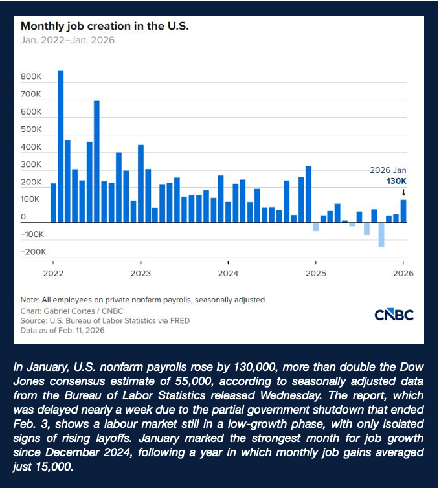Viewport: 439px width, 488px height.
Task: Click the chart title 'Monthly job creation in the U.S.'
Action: (104, 27)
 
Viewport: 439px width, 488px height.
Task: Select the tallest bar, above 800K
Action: (61, 146)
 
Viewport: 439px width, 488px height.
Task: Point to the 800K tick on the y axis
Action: (31, 77)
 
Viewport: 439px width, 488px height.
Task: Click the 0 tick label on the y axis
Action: (23, 217)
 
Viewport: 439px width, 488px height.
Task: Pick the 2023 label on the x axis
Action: (141, 273)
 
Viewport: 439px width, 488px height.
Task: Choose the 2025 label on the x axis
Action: (315, 273)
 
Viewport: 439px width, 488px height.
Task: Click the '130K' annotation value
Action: (397, 181)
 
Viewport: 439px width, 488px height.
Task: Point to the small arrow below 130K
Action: (403, 192)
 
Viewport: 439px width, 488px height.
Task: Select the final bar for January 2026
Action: (403, 211)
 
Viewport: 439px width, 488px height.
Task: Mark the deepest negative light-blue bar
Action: (381, 234)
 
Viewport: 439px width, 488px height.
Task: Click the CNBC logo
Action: (394, 315)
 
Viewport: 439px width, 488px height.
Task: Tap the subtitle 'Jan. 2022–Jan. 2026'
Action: (67, 40)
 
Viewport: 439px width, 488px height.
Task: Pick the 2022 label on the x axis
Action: (53, 273)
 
